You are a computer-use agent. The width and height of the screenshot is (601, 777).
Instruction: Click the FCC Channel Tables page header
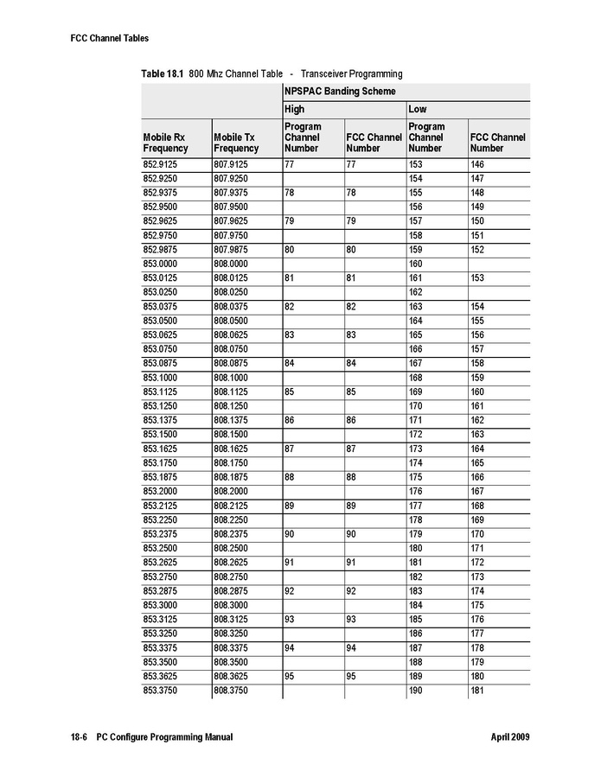tap(110, 38)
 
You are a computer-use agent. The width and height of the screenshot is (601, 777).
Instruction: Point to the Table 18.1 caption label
tap(163, 74)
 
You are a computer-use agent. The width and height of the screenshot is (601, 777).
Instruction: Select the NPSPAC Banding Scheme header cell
tap(340, 91)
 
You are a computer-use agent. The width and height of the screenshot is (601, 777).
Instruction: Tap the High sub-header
tap(295, 110)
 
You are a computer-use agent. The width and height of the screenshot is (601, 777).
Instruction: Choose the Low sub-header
tap(417, 110)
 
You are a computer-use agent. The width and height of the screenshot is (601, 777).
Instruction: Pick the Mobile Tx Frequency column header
tap(235, 143)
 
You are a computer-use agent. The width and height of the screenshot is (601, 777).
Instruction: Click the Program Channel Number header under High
tap(303, 137)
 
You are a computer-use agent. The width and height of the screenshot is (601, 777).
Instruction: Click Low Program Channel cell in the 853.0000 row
tap(415, 264)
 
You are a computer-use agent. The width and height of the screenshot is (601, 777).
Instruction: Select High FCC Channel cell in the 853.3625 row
tap(351, 677)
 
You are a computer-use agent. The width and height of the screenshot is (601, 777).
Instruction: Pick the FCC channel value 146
tap(477, 163)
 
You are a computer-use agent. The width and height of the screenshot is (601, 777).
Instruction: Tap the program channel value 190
tap(415, 691)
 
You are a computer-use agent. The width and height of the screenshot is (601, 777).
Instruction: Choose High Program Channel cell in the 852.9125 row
tap(291, 163)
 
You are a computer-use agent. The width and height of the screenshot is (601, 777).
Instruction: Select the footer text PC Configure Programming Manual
tap(164, 737)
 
